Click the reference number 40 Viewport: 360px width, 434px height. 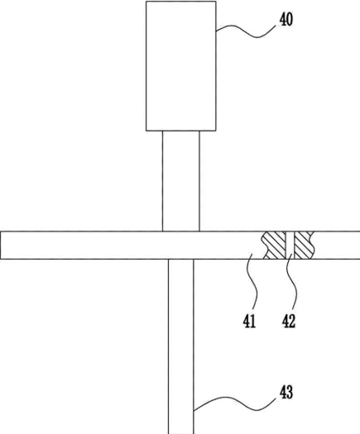286,20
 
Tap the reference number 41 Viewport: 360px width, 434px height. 249,322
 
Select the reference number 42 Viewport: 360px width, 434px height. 289,322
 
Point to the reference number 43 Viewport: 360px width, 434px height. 286,393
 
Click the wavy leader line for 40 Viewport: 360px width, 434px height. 247,33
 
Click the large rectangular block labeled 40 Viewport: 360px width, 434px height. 181,66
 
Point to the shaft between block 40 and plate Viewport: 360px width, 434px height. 181,181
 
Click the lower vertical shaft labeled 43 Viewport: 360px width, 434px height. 181,346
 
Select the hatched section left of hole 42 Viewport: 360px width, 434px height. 274,246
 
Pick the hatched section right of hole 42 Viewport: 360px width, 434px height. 305,246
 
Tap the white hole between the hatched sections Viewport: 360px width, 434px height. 290,246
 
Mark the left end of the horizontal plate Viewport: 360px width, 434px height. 1,246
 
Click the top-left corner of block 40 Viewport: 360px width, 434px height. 146,2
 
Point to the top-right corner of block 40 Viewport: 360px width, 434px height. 216,2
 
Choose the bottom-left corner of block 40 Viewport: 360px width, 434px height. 146,131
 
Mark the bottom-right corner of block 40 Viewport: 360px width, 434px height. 216,131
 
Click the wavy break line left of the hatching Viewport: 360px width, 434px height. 266,246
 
